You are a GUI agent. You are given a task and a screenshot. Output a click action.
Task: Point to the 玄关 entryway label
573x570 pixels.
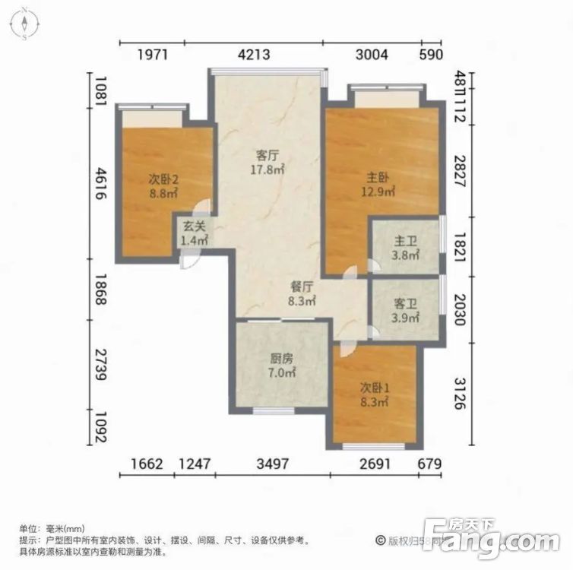click(x=194, y=226)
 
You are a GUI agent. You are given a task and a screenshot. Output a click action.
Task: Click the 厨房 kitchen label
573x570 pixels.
click(x=282, y=359)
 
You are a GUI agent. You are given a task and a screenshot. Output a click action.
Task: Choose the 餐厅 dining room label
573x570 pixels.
click(x=302, y=287)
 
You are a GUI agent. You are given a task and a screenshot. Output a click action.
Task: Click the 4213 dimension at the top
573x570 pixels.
click(x=254, y=54)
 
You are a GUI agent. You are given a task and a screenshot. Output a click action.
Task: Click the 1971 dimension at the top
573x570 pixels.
click(x=152, y=54)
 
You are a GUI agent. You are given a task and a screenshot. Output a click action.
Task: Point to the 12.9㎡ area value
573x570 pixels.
click(x=378, y=193)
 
